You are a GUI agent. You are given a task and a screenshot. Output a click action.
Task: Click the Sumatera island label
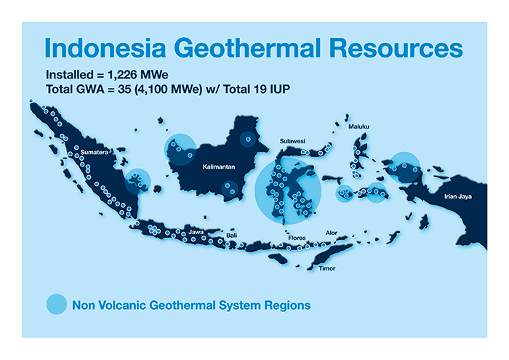tap(94, 152)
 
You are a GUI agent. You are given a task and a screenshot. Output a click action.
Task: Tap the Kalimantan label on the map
tap(219, 167)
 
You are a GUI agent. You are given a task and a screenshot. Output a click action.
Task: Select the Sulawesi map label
tap(292, 141)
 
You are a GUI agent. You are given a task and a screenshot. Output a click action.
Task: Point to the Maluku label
tap(358, 127)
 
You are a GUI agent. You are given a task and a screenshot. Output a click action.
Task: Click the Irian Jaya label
tap(458, 196)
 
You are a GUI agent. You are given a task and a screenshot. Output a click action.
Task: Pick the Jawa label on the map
tap(196, 232)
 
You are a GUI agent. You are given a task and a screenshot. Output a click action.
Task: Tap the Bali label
tap(232, 236)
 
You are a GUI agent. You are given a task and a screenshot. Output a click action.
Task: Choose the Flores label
tap(297, 238)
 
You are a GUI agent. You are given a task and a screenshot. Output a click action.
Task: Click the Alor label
tap(332, 233)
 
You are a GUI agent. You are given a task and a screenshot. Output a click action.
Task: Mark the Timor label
tap(327, 268)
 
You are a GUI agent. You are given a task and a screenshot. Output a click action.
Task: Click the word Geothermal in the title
tap(248, 48)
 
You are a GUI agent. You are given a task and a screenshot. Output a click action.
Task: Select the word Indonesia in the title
tap(105, 48)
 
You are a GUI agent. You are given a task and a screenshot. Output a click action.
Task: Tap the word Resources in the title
tap(396, 48)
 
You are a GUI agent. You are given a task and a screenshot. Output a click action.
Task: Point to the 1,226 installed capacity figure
tap(121, 75)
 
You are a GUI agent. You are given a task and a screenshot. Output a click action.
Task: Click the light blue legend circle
tap(57, 304)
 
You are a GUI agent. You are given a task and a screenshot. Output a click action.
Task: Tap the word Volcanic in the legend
tap(124, 305)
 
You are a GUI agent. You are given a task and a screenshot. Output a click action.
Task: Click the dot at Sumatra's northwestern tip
tap(31, 101)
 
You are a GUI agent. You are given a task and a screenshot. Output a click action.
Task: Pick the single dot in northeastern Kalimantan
tap(248, 139)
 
